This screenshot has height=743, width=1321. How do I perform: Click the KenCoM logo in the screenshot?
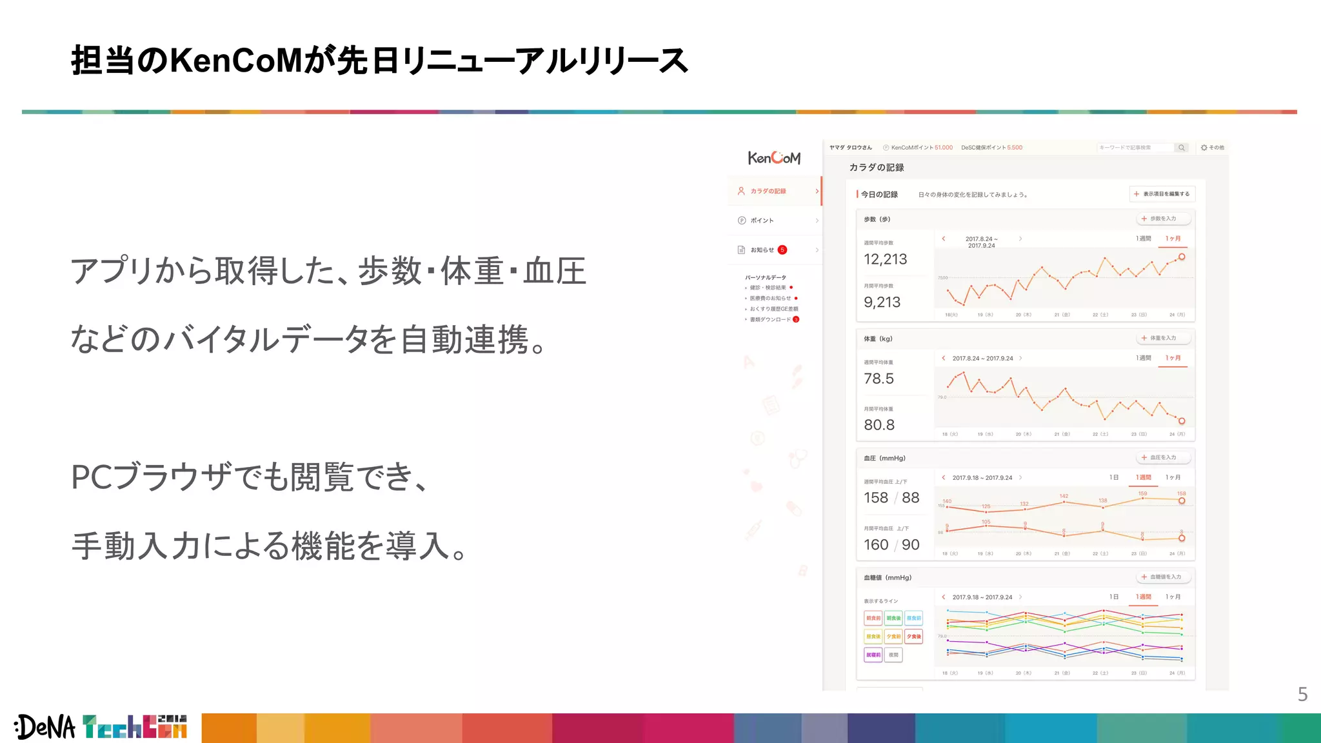click(774, 157)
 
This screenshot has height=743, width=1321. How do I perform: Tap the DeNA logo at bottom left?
click(45, 727)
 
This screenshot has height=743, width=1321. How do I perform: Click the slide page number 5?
click(1302, 694)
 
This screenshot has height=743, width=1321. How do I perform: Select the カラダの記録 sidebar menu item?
click(768, 191)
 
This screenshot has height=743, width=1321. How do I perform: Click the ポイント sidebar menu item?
click(762, 221)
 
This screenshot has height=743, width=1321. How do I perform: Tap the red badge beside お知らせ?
click(782, 250)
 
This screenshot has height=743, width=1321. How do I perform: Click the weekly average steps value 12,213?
click(885, 259)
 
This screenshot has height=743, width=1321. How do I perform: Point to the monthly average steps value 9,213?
click(882, 302)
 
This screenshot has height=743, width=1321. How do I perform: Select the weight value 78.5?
click(879, 379)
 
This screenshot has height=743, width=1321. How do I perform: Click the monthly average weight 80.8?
click(879, 425)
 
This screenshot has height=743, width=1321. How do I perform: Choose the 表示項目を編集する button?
click(1162, 194)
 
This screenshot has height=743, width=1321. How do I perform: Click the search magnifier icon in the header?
click(1182, 148)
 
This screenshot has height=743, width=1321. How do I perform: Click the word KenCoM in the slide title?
click(236, 61)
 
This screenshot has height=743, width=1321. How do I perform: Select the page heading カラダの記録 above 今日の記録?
click(877, 168)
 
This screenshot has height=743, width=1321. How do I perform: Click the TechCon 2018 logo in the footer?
click(135, 727)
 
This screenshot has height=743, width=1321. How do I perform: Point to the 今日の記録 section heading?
click(879, 194)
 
